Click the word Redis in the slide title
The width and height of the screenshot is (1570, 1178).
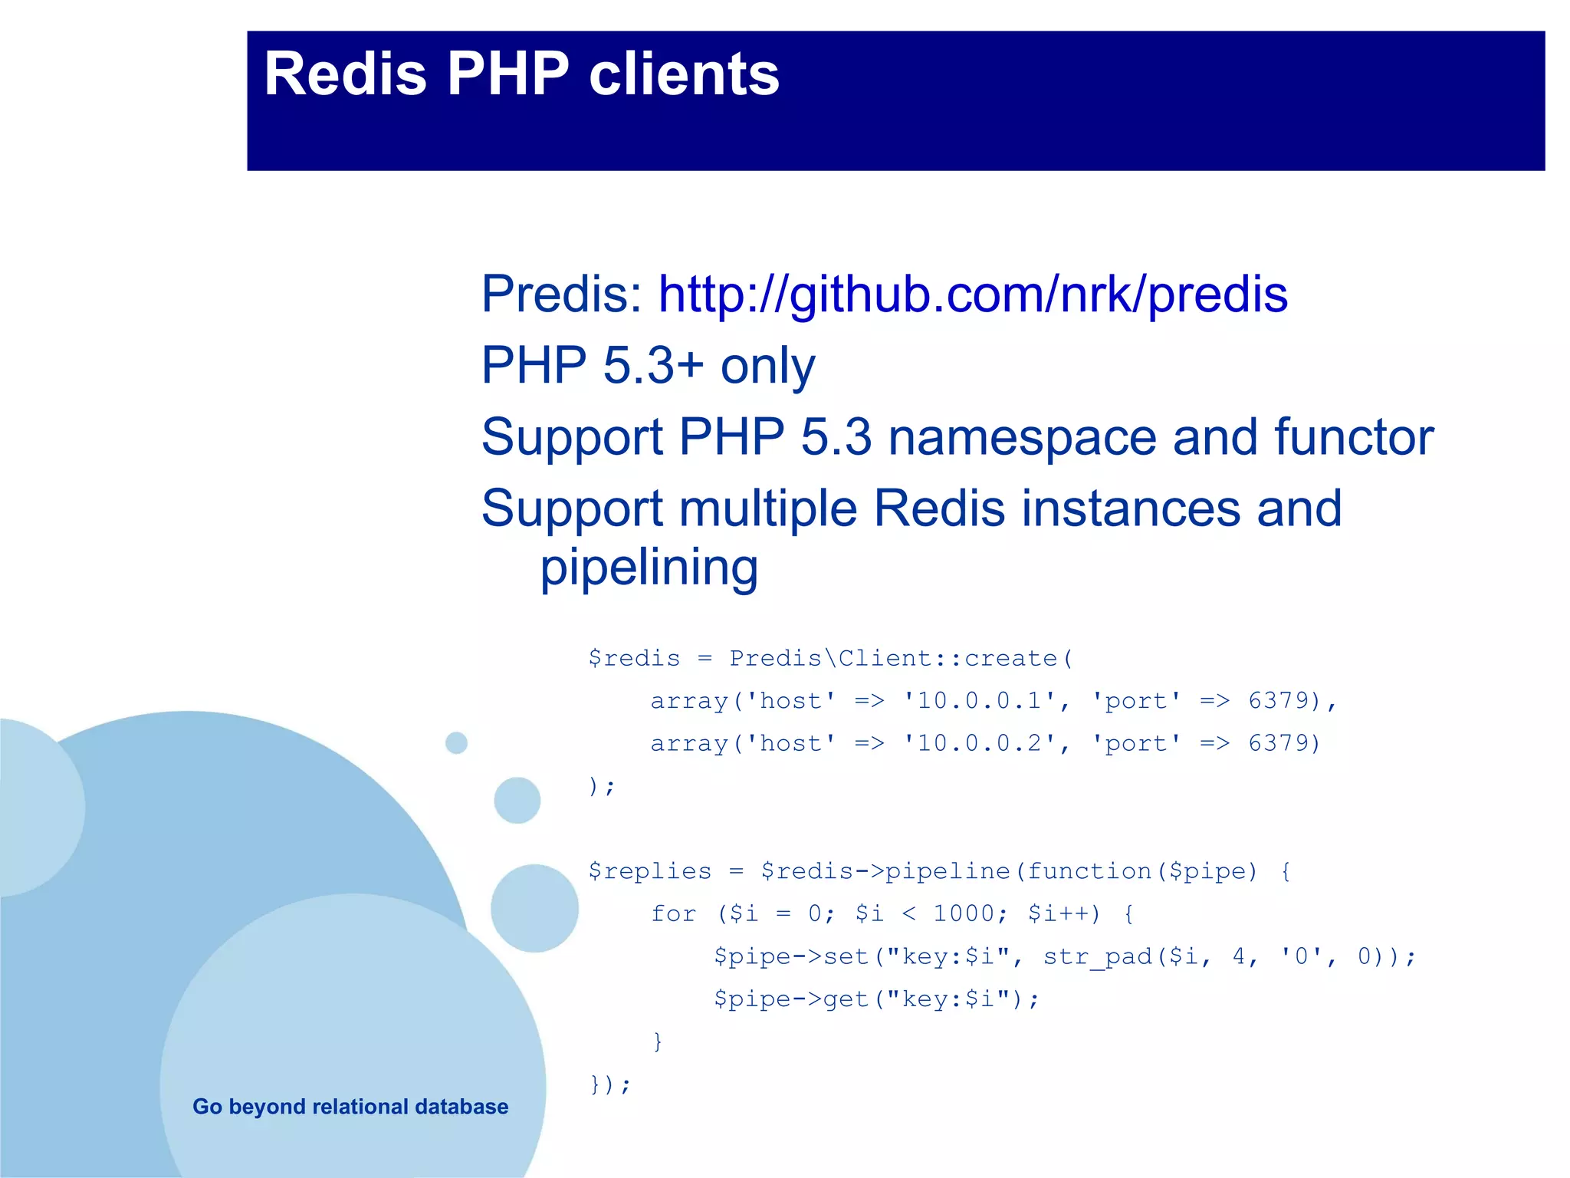pyautogui.click(x=345, y=74)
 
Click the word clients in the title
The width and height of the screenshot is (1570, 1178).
pyautogui.click(x=684, y=74)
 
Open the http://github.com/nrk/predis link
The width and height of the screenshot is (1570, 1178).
pyautogui.click(x=972, y=294)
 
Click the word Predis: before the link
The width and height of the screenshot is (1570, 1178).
pyautogui.click(x=561, y=294)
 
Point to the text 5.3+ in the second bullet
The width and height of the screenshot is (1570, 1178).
pyautogui.click(x=653, y=365)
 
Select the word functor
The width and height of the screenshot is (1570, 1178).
pyautogui.click(x=1353, y=437)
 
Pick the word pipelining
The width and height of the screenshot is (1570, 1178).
pyautogui.click(x=649, y=568)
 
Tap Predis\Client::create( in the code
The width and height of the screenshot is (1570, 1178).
pyautogui.click(x=901, y=659)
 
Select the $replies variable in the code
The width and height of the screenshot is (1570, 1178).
pyautogui.click(x=649, y=871)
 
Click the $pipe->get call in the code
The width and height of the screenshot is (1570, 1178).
pyautogui.click(x=790, y=999)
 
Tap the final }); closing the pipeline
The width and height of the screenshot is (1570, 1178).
pyautogui.click(x=609, y=1084)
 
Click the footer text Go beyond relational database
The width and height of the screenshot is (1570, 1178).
pyautogui.click(x=350, y=1107)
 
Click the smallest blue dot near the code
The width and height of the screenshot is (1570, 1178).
pyautogui.click(x=456, y=742)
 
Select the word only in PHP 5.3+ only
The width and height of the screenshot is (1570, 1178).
pyautogui.click(x=767, y=365)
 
